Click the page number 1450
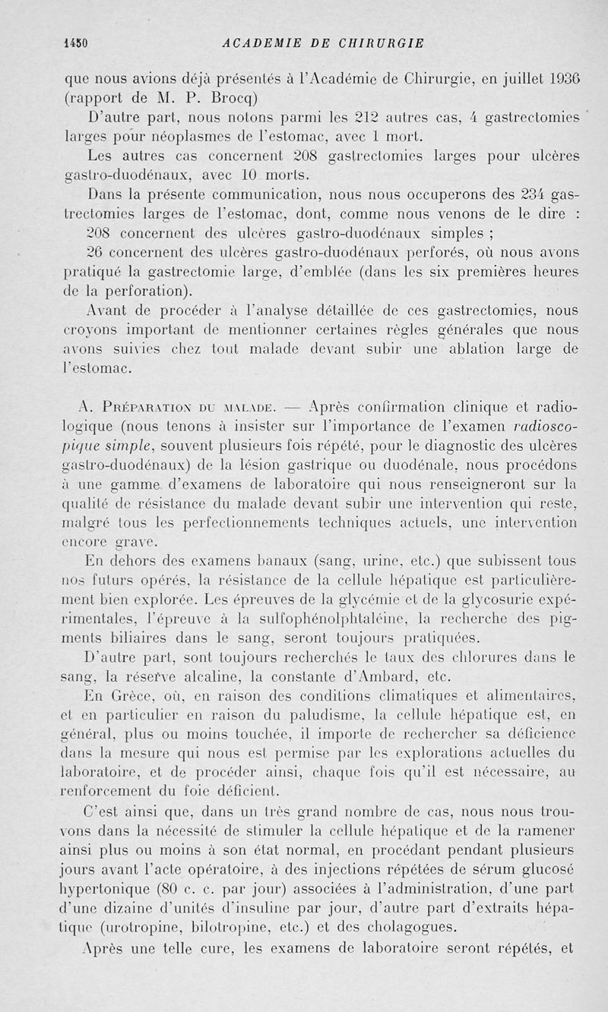pos(77,43)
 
